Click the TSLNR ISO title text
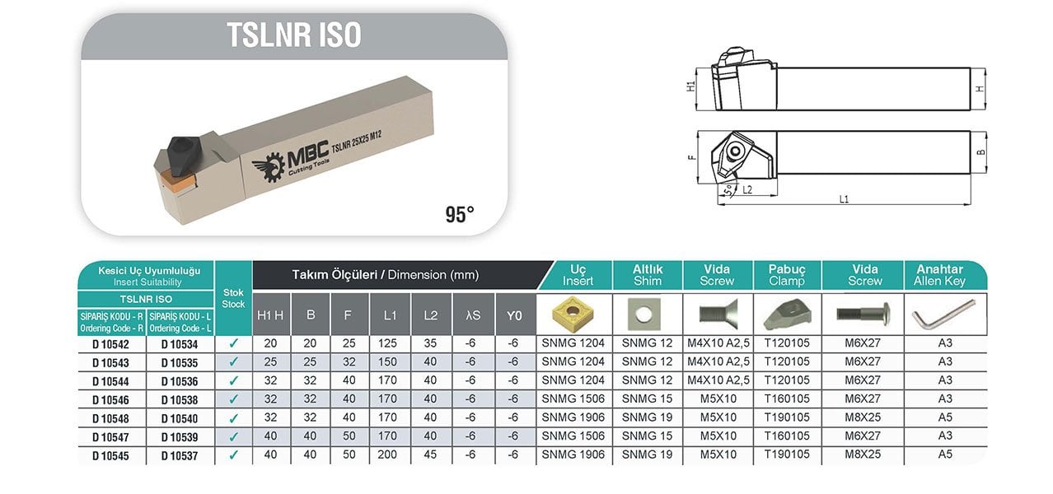[x=294, y=35]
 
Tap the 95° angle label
[x=460, y=214]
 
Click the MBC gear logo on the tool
[x=269, y=168]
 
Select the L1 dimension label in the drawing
[x=844, y=199]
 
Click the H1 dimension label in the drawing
[x=690, y=86]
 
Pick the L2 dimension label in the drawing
[x=747, y=189]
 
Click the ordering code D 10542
[x=110, y=345]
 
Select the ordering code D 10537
[x=180, y=455]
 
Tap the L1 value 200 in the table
[x=387, y=454]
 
